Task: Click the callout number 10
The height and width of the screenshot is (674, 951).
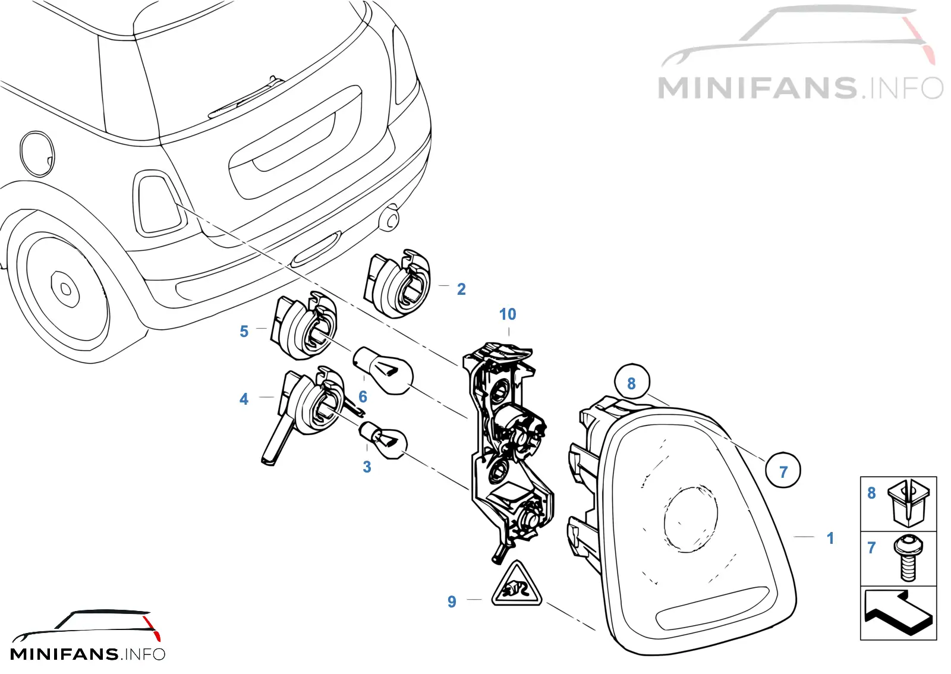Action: [508, 314]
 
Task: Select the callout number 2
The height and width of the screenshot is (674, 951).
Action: [461, 289]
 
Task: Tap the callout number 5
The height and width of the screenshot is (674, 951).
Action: [244, 332]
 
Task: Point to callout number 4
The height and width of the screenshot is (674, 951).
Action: [244, 399]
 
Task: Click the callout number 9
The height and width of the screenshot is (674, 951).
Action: [452, 602]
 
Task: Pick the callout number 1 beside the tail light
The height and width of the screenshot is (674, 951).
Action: [830, 538]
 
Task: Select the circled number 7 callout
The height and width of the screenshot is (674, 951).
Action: [783, 470]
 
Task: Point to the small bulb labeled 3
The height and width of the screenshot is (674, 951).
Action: [383, 440]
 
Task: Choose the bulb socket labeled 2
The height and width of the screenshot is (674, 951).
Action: [398, 283]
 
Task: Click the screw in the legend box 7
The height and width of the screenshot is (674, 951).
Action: [908, 558]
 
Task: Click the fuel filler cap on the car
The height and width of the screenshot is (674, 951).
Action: [37, 154]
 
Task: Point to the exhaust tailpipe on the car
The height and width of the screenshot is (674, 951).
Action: [389, 218]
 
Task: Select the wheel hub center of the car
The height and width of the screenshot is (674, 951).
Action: [65, 289]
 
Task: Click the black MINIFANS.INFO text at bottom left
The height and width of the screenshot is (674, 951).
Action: [87, 654]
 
